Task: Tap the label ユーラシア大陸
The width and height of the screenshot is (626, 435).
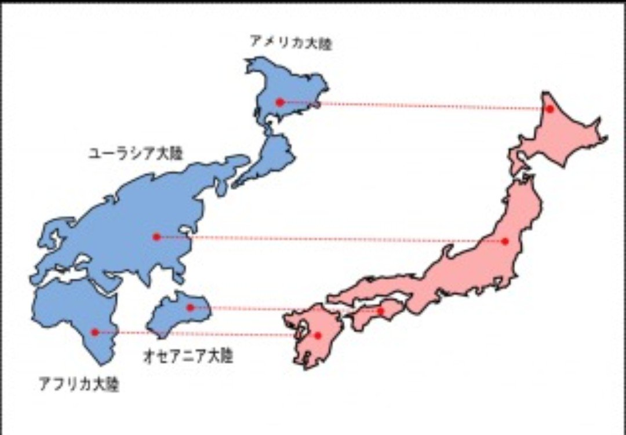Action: (x=135, y=153)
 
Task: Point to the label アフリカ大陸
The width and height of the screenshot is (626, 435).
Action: (x=79, y=384)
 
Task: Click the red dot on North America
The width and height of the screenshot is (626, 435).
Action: (x=280, y=102)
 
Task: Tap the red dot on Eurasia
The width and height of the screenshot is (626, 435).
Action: (x=156, y=236)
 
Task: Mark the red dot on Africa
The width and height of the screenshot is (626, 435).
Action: (x=95, y=332)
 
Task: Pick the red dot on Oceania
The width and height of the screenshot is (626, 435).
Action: (x=190, y=308)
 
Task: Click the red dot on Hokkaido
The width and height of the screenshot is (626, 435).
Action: (x=549, y=109)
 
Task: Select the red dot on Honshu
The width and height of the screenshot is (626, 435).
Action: (x=505, y=241)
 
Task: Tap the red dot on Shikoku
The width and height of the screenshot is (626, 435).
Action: (x=381, y=311)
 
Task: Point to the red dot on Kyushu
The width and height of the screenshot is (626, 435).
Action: (x=318, y=335)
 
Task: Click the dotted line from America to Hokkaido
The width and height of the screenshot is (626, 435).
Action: (x=417, y=105)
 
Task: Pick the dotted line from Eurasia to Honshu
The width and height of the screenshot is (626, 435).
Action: (x=330, y=239)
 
